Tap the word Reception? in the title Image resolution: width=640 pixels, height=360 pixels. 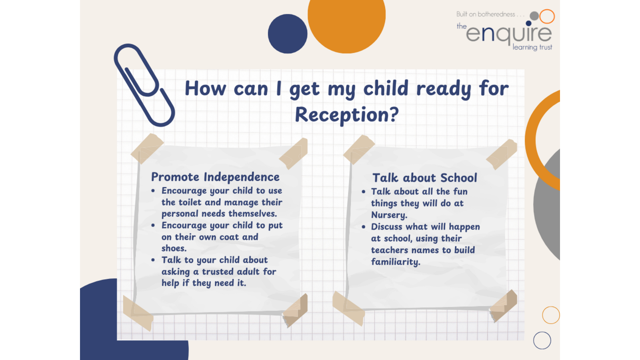pyautogui.click(x=346, y=115)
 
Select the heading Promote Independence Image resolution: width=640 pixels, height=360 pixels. pyautogui.click(x=215, y=177)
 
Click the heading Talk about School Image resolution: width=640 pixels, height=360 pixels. pyautogui.click(x=424, y=178)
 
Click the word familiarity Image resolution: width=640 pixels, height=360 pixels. pyautogui.click(x=396, y=262)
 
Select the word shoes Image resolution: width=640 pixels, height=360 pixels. pyautogui.click(x=174, y=248)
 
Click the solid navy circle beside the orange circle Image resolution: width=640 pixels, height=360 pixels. pyautogui.click(x=288, y=34)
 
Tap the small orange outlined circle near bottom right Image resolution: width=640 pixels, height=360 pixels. pyautogui.click(x=551, y=315)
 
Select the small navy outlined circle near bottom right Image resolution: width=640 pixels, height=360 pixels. pyautogui.click(x=542, y=340)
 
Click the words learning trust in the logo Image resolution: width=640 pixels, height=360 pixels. pyautogui.click(x=532, y=47)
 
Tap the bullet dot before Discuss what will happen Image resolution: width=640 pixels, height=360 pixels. pyautogui.click(x=364, y=227)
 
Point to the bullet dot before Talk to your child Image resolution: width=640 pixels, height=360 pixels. pyautogui.click(x=153, y=260)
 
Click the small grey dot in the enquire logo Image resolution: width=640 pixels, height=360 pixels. pyautogui.click(x=534, y=16)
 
